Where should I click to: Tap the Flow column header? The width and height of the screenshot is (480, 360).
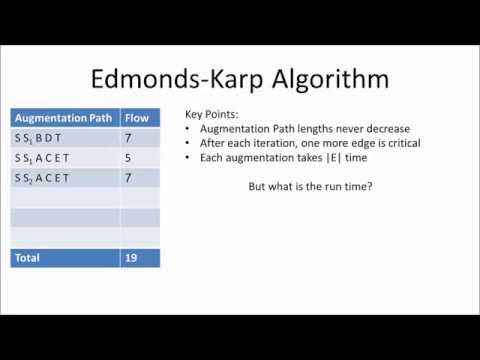[138, 118]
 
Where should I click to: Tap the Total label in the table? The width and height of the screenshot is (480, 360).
[28, 258]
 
